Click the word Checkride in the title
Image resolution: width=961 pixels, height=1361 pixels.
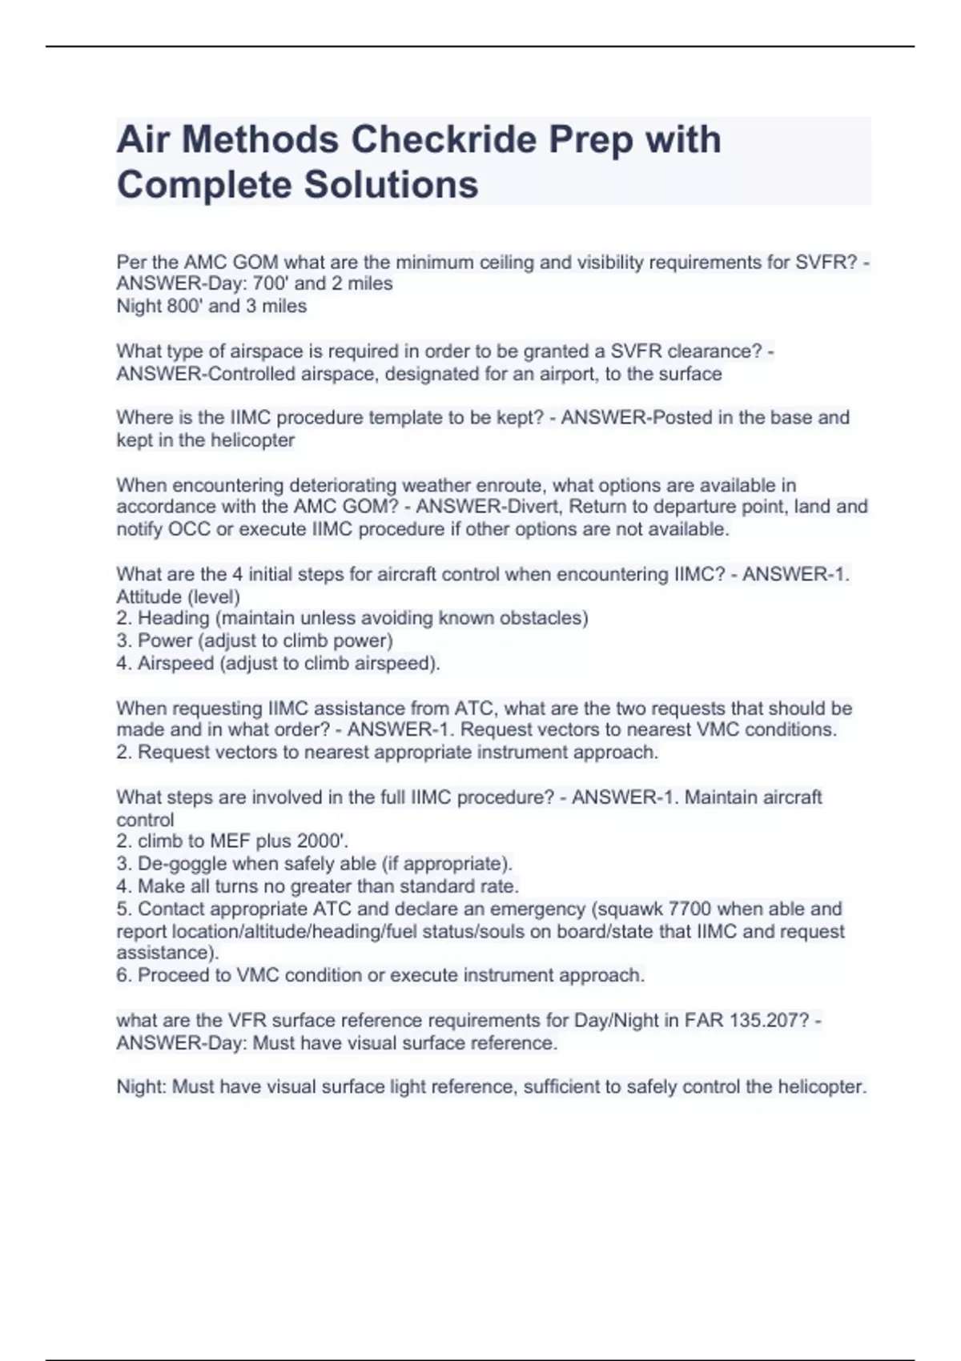click(445, 140)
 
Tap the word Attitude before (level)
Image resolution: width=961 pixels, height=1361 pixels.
click(149, 596)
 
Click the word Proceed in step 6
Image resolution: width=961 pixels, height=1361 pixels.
click(173, 975)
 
